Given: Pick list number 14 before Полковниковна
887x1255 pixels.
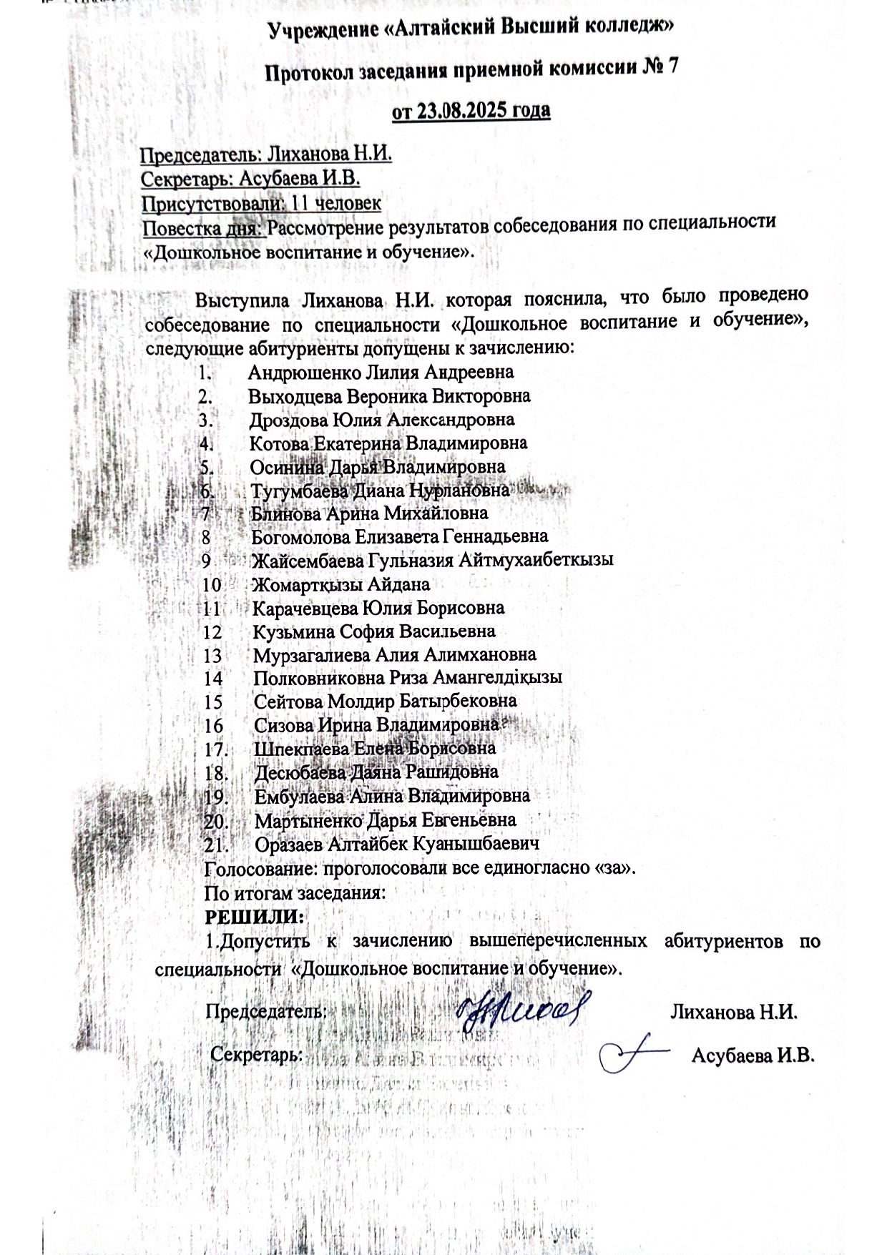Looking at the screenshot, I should pos(213,678).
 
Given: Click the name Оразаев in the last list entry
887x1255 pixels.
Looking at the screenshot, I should pos(289,845).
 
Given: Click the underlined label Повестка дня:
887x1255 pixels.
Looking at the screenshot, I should pos(203,229).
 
